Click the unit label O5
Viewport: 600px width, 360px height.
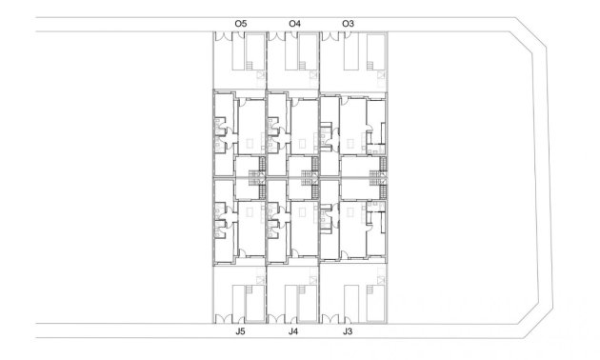(240, 22)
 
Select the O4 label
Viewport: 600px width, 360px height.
(294, 22)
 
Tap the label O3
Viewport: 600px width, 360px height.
(348, 22)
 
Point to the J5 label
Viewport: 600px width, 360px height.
(240, 332)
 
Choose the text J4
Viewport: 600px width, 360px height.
(293, 332)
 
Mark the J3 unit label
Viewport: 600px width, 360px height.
(348, 332)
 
